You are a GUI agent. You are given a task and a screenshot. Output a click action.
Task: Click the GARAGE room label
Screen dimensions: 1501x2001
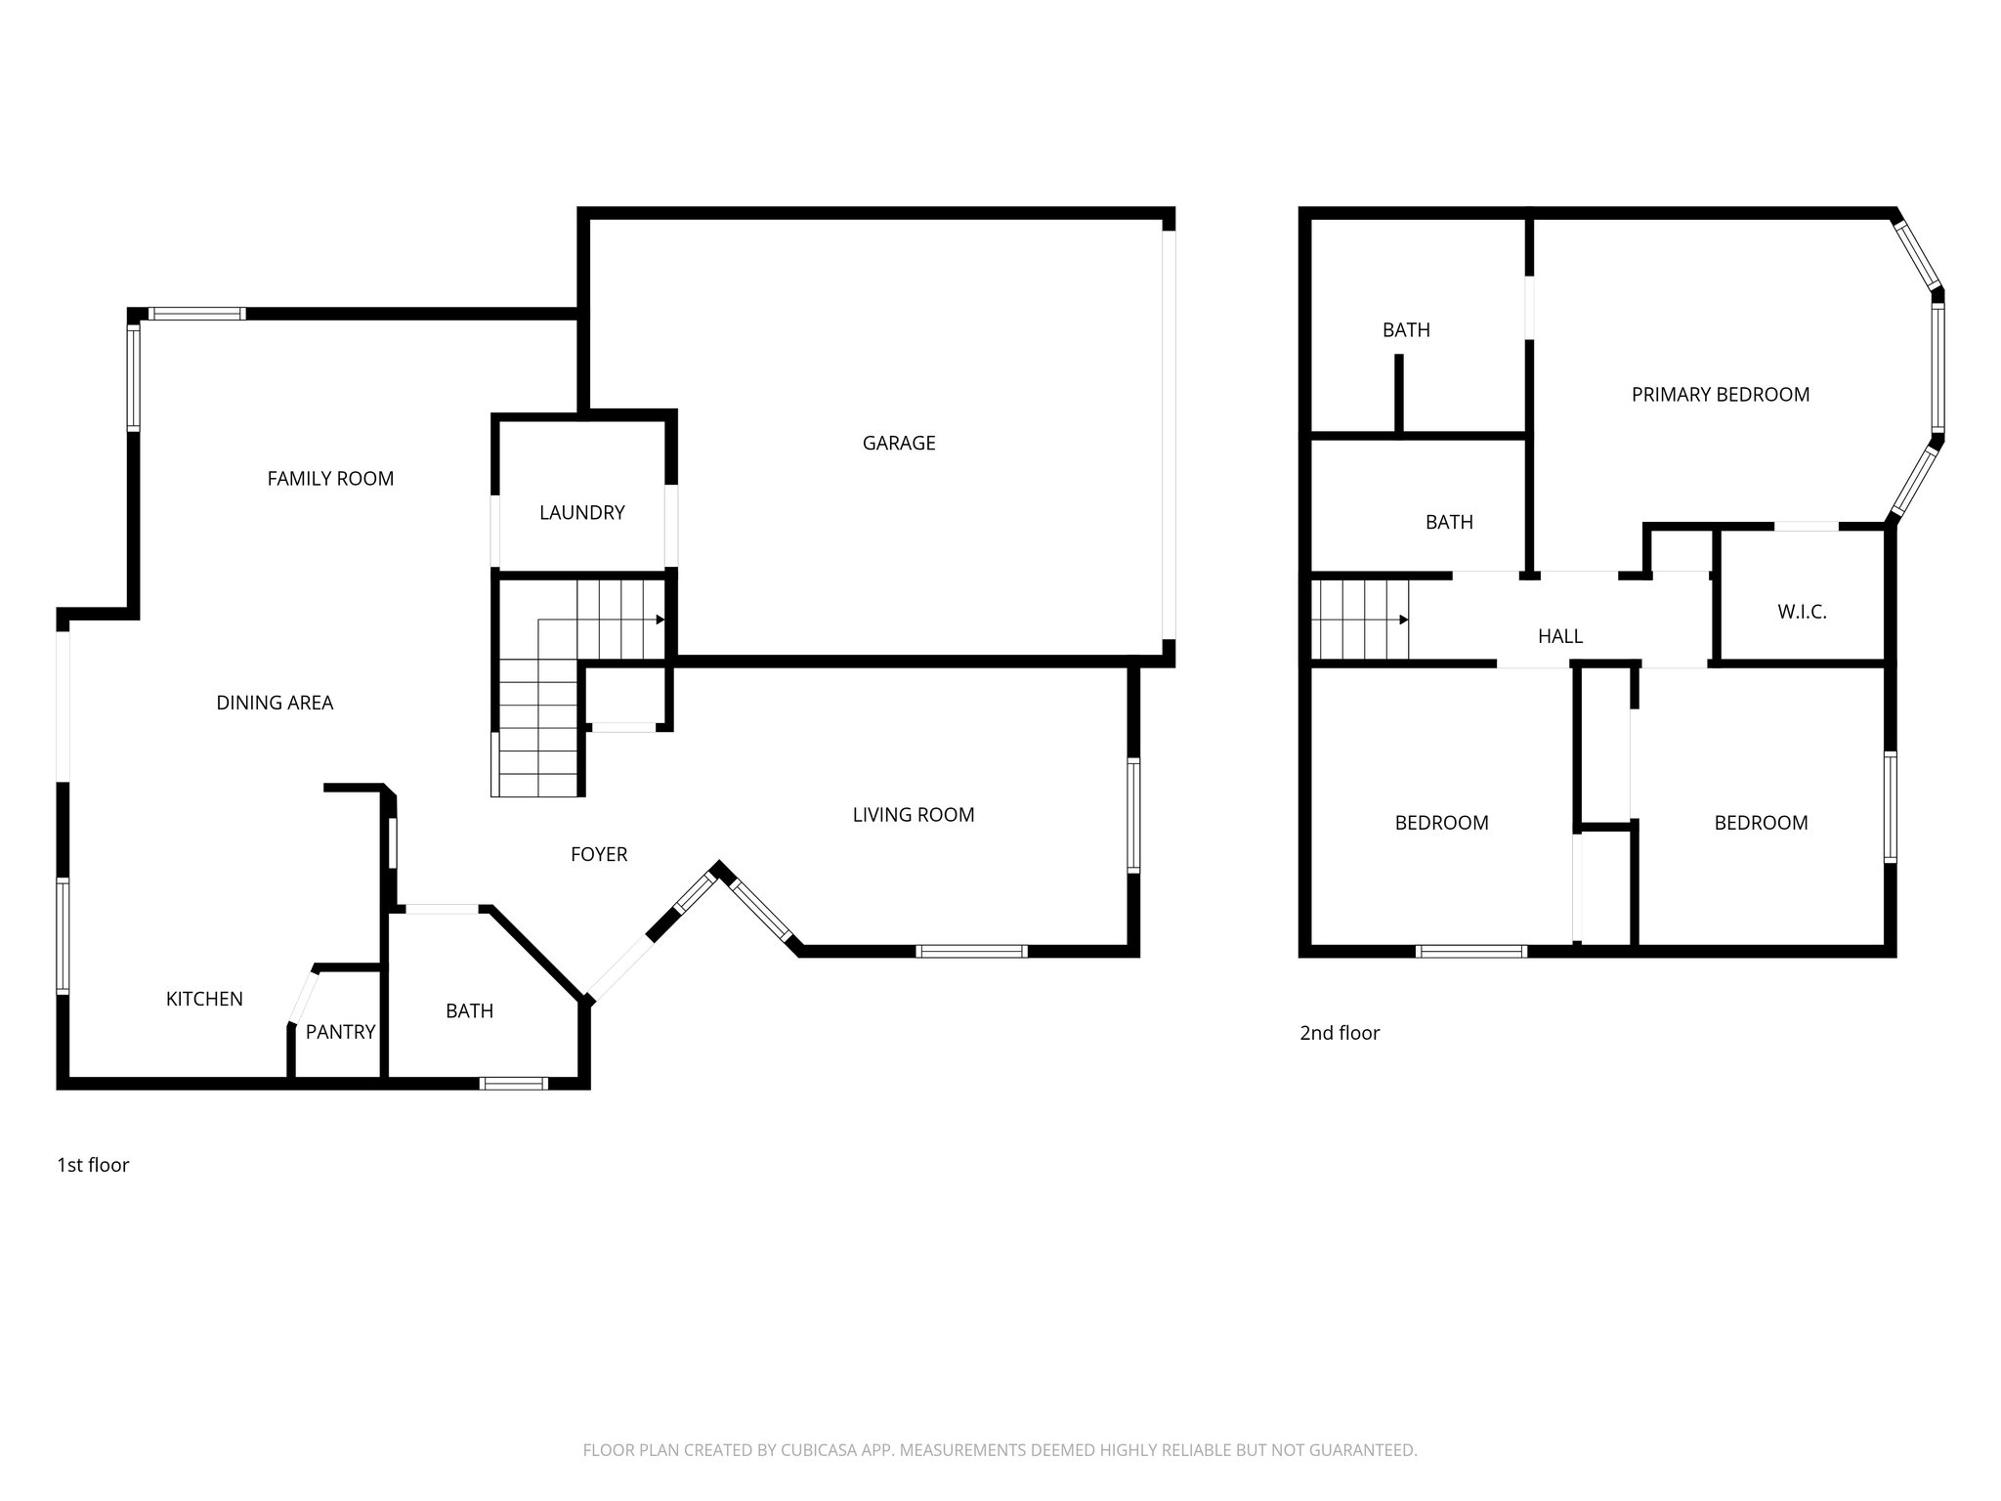coord(898,443)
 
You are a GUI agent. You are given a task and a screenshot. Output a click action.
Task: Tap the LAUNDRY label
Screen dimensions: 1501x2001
coord(581,512)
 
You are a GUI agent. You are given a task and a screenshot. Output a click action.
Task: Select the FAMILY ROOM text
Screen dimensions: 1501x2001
coord(330,478)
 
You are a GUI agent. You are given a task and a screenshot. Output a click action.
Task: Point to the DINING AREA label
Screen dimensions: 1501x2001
coord(275,702)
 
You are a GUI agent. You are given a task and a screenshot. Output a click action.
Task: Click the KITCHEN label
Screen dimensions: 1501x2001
coord(204,998)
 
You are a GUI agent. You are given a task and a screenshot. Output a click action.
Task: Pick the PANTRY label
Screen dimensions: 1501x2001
coord(340,1031)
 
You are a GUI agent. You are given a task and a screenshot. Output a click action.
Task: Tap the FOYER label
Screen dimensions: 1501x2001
coord(599,854)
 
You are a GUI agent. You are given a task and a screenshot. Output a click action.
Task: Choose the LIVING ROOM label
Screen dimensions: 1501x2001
coord(913,814)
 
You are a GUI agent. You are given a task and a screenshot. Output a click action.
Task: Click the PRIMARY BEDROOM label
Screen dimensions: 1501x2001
coord(1720,394)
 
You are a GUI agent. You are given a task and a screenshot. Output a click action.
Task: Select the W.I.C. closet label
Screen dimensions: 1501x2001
coord(1801,612)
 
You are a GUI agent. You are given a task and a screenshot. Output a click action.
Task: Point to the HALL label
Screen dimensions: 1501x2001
coord(1559,636)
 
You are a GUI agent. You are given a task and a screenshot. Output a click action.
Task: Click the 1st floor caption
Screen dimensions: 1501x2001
coord(93,1165)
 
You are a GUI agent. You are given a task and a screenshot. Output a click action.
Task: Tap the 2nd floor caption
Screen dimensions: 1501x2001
coord(1339,1032)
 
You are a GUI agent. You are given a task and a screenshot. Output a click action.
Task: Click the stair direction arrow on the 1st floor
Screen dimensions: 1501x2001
coord(660,620)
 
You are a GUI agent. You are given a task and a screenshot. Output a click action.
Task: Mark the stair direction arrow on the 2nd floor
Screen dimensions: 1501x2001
coord(1403,620)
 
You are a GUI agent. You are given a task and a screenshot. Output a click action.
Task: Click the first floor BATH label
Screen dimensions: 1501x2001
coord(469,1010)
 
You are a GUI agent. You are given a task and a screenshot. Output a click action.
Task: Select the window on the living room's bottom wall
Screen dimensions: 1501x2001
coord(971,951)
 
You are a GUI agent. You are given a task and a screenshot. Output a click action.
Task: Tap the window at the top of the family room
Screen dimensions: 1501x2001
coord(196,314)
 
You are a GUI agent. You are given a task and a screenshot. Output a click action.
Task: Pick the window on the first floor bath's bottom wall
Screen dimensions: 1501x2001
coord(514,1083)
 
